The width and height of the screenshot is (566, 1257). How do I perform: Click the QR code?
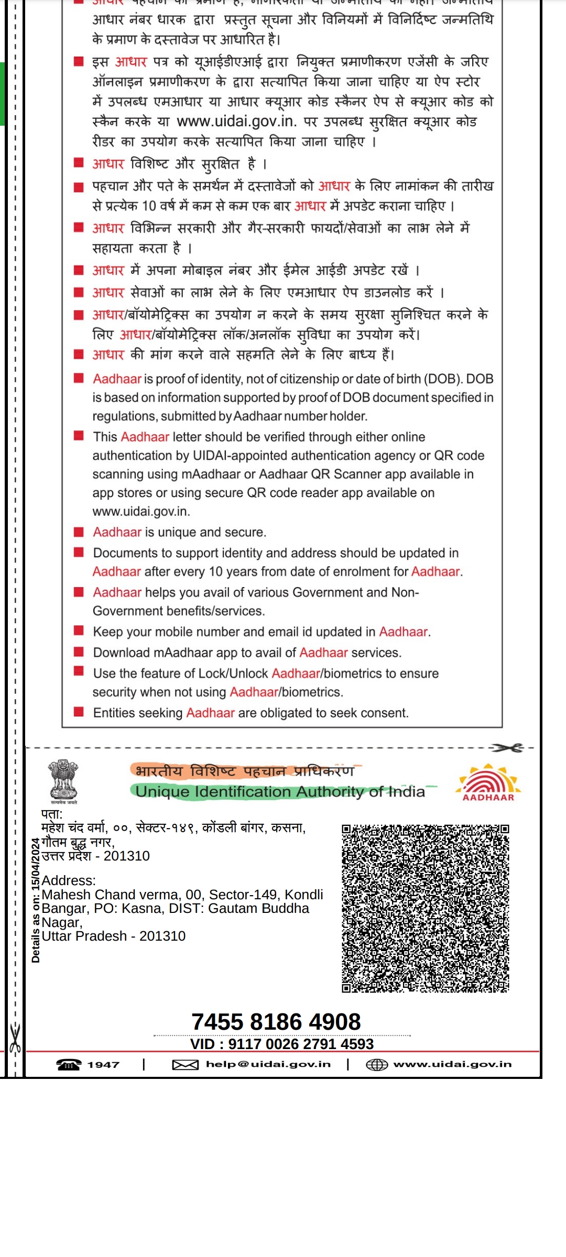tap(425, 908)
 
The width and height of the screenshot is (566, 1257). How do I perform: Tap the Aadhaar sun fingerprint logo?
tap(488, 782)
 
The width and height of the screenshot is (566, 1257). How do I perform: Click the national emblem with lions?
tap(63, 780)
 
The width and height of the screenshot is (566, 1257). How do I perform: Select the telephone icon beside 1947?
tap(69, 1065)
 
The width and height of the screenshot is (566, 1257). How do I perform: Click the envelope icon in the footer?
tap(185, 1065)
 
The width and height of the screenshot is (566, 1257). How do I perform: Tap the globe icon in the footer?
tap(376, 1065)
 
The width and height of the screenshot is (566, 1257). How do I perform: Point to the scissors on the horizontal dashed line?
tap(507, 748)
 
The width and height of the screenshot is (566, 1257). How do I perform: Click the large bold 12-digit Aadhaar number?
tap(276, 1022)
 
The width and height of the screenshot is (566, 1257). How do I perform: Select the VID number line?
tap(282, 1044)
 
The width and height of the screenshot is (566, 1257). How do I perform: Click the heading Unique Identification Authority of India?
tap(280, 791)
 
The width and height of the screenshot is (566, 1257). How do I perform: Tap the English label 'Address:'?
tap(69, 880)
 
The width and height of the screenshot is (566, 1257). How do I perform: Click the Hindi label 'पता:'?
tap(52, 814)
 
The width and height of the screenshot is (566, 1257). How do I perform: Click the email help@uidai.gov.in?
tap(268, 1064)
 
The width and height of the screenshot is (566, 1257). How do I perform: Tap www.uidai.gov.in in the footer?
tap(452, 1064)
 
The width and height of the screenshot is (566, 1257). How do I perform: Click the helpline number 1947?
tap(103, 1065)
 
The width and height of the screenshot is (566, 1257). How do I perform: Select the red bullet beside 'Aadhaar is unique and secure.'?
tap(79, 532)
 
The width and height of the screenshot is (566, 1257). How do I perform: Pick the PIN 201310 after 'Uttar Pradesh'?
tap(162, 936)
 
